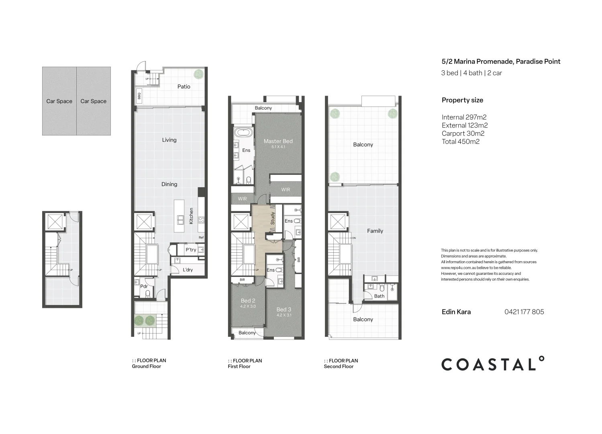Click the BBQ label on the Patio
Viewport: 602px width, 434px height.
click(139, 96)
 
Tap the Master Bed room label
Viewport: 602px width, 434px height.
click(278, 141)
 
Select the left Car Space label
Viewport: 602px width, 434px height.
click(59, 101)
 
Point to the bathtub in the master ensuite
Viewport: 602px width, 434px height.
click(243, 133)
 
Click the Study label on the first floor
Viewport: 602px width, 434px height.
click(273, 218)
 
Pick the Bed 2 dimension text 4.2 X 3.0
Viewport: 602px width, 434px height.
click(248, 307)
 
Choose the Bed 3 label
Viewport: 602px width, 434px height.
click(284, 309)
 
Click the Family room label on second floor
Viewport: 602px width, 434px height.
click(375, 231)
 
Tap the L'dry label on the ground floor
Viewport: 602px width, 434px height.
click(188, 270)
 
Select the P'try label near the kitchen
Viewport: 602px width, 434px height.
click(191, 250)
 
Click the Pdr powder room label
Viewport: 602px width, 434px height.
click(144, 287)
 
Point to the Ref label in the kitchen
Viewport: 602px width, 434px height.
click(201, 237)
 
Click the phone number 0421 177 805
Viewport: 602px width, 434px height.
click(524, 312)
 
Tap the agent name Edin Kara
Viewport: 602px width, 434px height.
click(456, 312)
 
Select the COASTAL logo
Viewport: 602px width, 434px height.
click(493, 364)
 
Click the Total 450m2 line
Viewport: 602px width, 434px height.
click(460, 141)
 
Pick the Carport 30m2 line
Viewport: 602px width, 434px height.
click(463, 133)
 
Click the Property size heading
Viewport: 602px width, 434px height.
click(462, 100)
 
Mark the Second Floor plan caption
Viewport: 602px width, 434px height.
click(339, 366)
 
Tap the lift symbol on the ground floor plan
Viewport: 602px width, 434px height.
click(143, 222)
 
